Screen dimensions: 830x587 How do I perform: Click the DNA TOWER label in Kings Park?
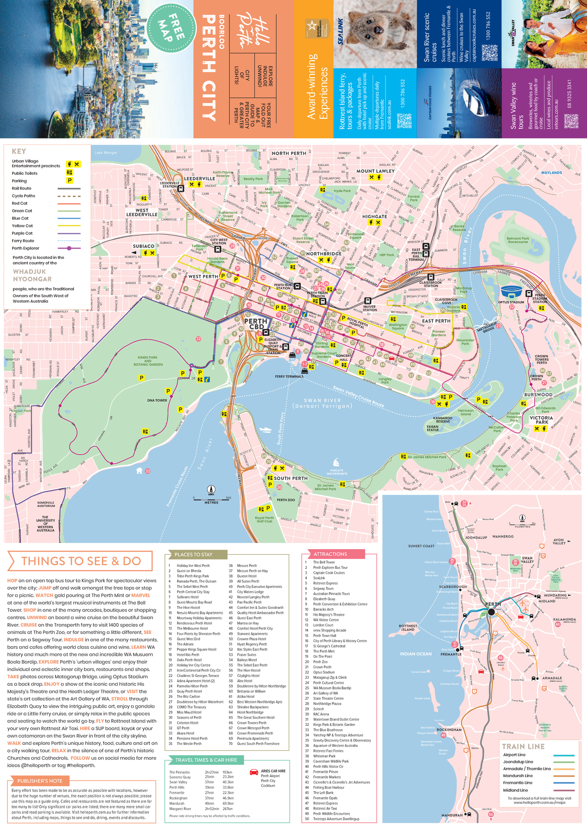pyautogui.click(x=157, y=400)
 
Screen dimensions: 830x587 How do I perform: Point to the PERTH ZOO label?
pyautogui.click(x=286, y=500)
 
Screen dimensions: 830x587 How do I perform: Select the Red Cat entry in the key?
pyautogui.click(x=20, y=203)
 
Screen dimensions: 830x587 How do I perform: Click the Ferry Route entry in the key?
pyautogui.click(x=23, y=241)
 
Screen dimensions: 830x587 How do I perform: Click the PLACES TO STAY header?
pyautogui.click(x=193, y=555)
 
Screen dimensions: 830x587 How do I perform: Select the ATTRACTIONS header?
pyautogui.click(x=330, y=554)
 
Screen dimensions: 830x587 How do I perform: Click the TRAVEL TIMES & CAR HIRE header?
pyautogui.click(x=206, y=760)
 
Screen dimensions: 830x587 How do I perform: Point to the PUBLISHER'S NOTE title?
pyautogui.click(x=40, y=781)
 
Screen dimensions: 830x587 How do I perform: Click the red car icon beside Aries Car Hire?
pyautogui.click(x=254, y=772)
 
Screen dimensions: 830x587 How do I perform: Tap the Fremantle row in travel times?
pyautogui.click(x=177, y=793)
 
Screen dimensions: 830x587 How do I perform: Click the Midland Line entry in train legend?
pyautogui.click(x=515, y=790)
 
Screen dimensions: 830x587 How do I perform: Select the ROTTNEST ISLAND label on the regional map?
pyautogui.click(x=408, y=628)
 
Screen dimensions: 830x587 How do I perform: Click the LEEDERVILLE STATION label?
pyautogui.click(x=169, y=185)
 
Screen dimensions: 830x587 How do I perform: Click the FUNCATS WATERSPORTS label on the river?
pyautogui.click(x=337, y=472)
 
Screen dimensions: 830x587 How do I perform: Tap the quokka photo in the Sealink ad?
pyautogui.click(x=375, y=34)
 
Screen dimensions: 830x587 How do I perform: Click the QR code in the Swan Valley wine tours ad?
pyautogui.click(x=571, y=121)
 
